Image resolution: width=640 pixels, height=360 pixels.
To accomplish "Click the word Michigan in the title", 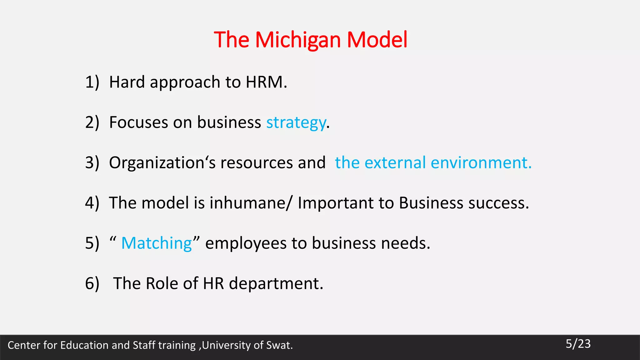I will pyautogui.click(x=298, y=40).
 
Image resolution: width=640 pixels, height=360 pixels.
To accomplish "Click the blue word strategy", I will pyautogui.click(x=296, y=122).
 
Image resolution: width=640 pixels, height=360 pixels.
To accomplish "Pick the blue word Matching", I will pyautogui.click(x=157, y=243).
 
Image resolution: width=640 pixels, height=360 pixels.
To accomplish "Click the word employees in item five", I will pyautogui.click(x=246, y=243).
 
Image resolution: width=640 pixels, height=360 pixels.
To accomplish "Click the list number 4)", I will pyautogui.click(x=92, y=203).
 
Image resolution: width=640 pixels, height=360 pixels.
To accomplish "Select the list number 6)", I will pyautogui.click(x=92, y=283).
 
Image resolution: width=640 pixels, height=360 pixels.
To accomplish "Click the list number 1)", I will pyautogui.click(x=92, y=82).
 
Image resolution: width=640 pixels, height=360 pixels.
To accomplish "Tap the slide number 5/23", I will pyautogui.click(x=578, y=344).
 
